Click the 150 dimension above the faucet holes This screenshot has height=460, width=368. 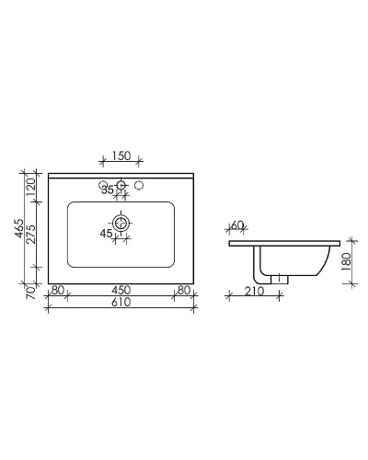[x=120, y=156]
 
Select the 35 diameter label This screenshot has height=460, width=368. [x=108, y=190]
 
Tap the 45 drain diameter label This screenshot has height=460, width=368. [x=107, y=234]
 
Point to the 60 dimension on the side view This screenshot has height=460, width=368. [x=237, y=225]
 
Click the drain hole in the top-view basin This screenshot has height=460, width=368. [x=120, y=223]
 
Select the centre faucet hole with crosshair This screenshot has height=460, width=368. [x=120, y=187]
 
